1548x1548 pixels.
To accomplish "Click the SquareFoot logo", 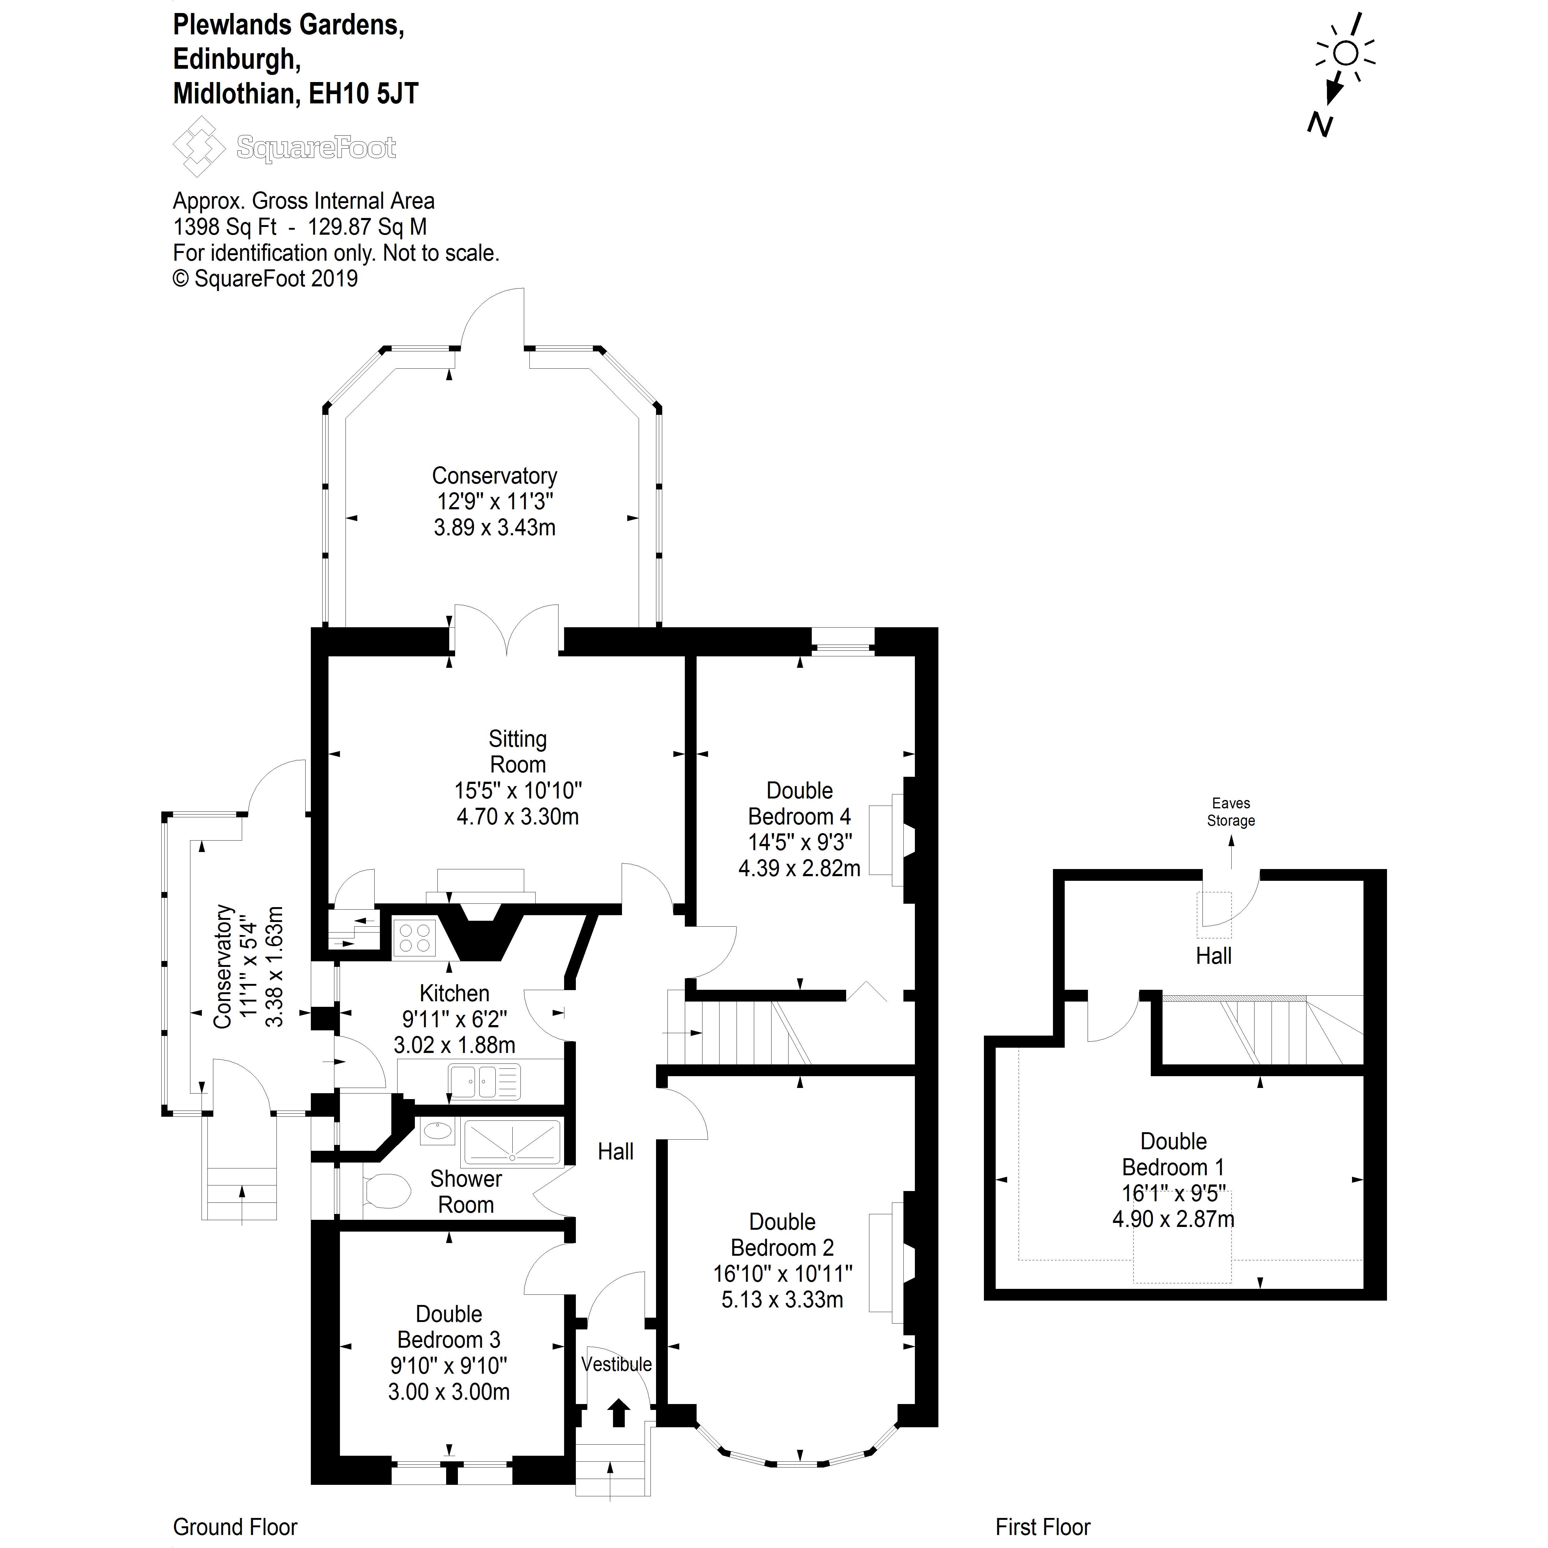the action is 285,147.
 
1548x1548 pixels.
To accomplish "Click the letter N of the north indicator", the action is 1320,124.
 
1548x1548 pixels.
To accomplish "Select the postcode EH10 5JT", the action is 364,94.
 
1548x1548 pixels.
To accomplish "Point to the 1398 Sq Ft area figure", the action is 225,227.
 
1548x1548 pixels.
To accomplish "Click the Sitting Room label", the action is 518,752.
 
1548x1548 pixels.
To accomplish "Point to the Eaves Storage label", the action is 1231,812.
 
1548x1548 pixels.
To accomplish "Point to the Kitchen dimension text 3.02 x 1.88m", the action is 454,1045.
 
